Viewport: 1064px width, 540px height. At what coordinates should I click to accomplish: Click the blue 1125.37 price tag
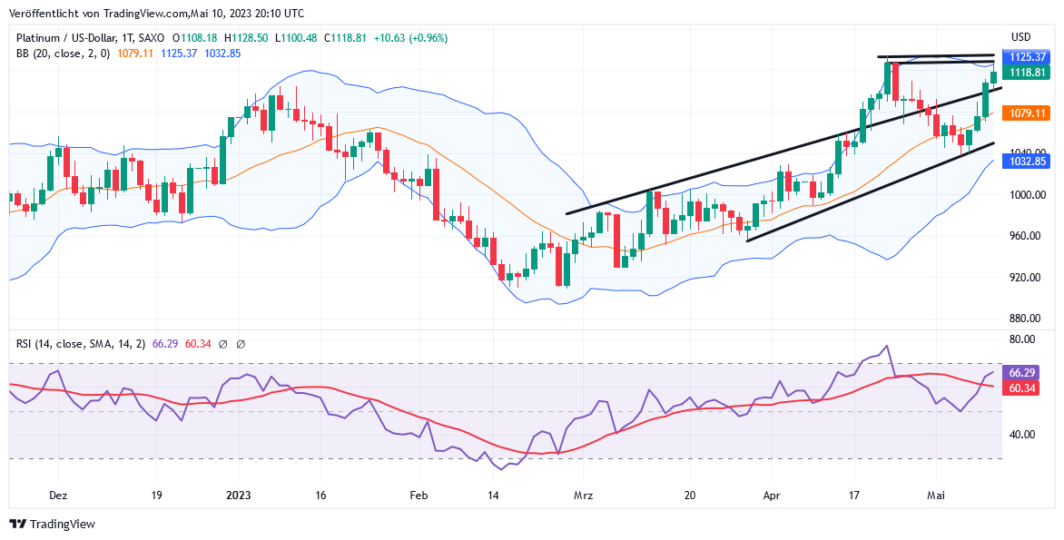point(1029,56)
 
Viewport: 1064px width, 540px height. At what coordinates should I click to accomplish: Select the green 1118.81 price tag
point(1029,72)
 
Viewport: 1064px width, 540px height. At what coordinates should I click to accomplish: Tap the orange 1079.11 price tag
point(1029,113)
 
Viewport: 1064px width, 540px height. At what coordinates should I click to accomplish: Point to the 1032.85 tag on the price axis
point(1029,162)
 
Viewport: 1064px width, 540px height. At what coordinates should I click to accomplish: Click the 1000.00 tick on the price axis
point(1029,194)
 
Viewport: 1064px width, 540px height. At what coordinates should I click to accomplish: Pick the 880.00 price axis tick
point(1029,319)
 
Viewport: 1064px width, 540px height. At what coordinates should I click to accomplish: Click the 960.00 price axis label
point(1029,236)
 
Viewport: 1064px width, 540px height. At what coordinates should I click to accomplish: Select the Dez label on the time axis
point(58,496)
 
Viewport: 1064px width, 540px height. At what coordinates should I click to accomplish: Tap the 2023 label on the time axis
point(238,496)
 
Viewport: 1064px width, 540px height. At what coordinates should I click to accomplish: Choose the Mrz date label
point(584,496)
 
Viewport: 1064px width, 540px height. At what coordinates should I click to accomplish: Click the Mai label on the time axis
point(937,496)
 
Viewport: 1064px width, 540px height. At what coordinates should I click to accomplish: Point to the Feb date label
point(418,496)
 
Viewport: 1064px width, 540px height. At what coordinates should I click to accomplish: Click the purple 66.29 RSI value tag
point(1023,373)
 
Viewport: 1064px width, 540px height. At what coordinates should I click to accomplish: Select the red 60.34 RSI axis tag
point(1023,388)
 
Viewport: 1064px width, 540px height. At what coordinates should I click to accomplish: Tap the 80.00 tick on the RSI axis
point(1023,339)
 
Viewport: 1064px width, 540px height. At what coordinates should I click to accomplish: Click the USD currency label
point(1021,37)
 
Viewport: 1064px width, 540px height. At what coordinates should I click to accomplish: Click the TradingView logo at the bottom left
point(52,524)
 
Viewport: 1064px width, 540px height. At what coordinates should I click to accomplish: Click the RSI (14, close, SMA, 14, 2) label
point(81,344)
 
